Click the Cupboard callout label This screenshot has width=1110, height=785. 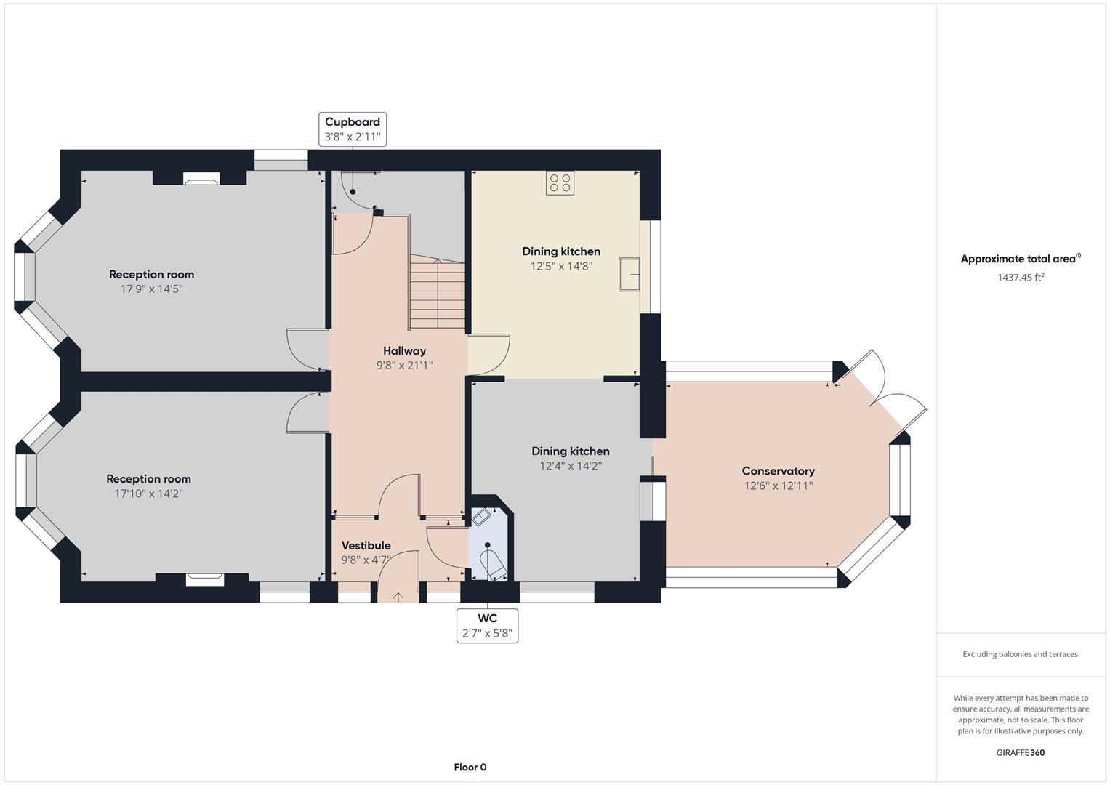point(353,129)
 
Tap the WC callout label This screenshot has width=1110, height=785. point(487,626)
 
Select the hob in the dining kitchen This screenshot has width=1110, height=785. point(560,183)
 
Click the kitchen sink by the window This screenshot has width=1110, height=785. point(629,274)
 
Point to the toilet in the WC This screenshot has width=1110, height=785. point(494,563)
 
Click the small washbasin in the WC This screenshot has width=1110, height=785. point(480,518)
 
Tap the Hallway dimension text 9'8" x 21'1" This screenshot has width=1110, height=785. point(404,366)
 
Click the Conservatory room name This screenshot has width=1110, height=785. point(778,471)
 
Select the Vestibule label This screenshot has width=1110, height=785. point(366,546)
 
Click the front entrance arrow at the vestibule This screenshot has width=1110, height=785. point(398,597)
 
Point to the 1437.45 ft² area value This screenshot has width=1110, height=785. point(1021,277)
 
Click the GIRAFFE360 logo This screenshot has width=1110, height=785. point(1021,753)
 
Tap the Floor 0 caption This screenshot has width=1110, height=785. point(470,767)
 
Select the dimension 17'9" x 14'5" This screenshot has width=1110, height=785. point(152,289)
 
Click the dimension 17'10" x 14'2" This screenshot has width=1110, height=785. point(149,494)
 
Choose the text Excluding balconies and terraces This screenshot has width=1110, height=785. point(1021,654)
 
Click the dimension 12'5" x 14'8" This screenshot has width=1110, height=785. point(561,266)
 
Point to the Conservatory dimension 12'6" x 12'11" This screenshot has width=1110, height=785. point(779,486)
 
